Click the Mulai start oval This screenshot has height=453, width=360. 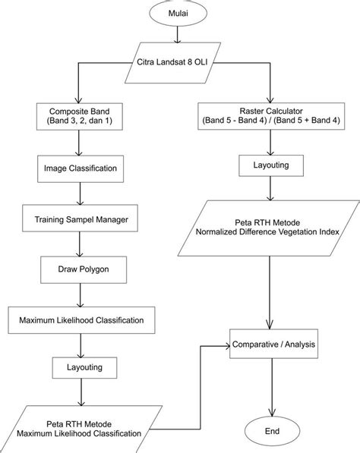(178, 14)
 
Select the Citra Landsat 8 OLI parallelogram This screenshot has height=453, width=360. (173, 63)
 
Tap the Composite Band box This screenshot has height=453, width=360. (80, 116)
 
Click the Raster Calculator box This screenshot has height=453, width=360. (271, 116)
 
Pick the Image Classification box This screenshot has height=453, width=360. (81, 168)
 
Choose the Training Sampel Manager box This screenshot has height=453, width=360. (80, 219)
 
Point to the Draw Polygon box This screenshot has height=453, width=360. (84, 269)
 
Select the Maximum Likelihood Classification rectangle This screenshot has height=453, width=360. (81, 320)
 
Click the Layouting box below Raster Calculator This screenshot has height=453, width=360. (271, 165)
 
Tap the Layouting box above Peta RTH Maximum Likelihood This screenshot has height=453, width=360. (85, 368)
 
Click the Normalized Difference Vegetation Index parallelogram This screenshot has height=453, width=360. (269, 228)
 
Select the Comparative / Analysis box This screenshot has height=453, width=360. (274, 344)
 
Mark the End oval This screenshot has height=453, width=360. (272, 431)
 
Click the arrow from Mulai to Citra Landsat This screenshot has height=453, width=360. (177, 34)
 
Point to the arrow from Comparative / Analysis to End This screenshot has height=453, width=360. (272, 388)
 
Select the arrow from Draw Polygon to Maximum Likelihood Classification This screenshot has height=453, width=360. (81, 295)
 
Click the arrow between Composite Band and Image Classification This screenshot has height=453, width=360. (79, 143)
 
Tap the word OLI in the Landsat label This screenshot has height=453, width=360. (201, 62)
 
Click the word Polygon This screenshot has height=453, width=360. (94, 269)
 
